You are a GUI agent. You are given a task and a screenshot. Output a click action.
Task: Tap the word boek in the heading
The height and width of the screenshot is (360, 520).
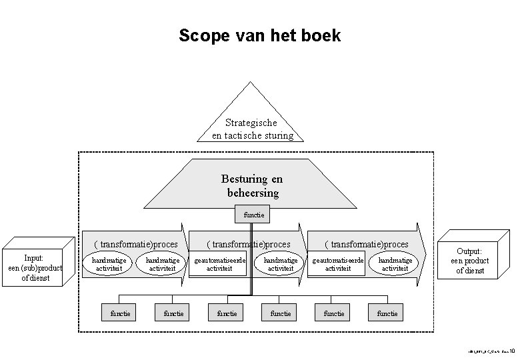[x=323, y=35]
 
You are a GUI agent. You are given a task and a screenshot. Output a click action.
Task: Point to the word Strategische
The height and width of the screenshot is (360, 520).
[x=251, y=123]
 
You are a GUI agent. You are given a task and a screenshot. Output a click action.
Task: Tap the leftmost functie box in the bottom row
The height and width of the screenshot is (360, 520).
[x=121, y=313]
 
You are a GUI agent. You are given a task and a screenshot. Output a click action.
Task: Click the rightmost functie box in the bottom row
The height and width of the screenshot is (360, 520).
[x=387, y=313]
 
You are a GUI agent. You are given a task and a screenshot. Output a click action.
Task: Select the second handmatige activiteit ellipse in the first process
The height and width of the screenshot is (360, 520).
[x=161, y=264]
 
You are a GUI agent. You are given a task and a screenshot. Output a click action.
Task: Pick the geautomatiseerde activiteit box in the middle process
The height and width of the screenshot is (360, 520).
[x=219, y=264]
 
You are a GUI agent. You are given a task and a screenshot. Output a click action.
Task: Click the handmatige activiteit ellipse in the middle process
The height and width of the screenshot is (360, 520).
[x=280, y=264]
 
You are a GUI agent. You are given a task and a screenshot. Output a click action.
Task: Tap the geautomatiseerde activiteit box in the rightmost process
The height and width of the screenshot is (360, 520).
[x=338, y=264]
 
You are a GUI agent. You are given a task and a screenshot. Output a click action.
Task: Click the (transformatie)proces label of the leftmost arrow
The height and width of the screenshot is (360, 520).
[x=135, y=245]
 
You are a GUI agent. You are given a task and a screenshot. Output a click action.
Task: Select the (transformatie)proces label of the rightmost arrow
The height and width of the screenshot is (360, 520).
[x=366, y=245]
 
